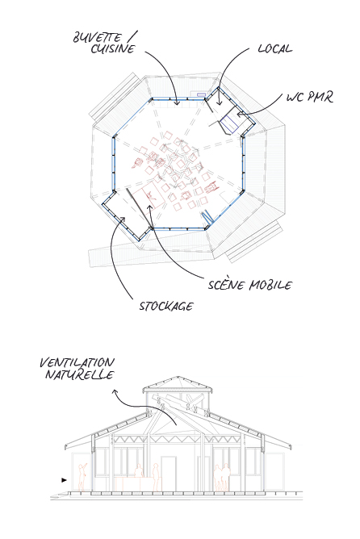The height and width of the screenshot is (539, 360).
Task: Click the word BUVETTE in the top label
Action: point(97,37)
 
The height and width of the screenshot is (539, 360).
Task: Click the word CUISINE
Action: point(113,48)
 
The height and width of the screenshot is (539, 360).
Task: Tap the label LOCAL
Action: point(275,48)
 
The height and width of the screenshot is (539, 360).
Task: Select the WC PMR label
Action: point(310,98)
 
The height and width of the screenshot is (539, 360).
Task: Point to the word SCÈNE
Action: point(227,285)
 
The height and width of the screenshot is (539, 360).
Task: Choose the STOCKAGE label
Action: point(166,306)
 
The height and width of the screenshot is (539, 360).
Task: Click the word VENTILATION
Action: point(77,362)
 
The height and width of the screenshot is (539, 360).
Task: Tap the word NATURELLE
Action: point(79,374)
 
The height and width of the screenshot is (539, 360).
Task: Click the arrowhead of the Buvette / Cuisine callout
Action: point(177,103)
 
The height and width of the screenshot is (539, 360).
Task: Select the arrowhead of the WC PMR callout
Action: point(239,114)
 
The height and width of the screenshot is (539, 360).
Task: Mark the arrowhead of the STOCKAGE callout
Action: point(123,219)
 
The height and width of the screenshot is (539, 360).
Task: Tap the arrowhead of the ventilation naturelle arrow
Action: point(115,391)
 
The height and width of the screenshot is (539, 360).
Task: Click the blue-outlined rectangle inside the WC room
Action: point(229,124)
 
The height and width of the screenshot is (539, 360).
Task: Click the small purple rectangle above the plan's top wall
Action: point(202,94)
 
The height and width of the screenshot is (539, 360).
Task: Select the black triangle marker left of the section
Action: point(64,480)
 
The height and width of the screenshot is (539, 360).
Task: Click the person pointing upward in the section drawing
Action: point(82,477)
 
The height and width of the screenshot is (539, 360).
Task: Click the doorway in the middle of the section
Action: point(169,474)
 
